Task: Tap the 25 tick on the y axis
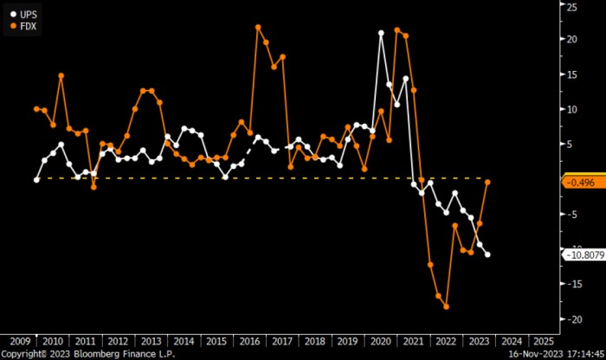571,7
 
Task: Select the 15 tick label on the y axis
571,74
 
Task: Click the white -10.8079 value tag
584,254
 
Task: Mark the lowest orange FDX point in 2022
447,306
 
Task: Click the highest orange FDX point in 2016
258,28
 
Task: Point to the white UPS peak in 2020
381,33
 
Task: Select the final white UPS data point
488,254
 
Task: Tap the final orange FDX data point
488,182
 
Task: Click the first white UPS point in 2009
36,180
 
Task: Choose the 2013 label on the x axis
150,341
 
